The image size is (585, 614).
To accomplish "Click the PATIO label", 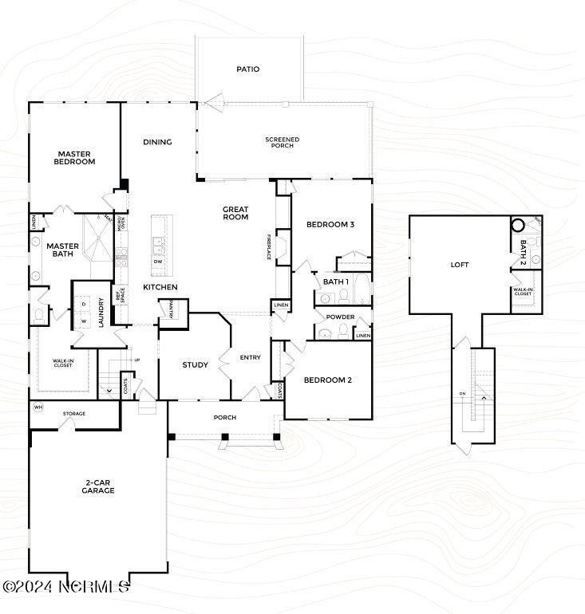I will coord(248,69).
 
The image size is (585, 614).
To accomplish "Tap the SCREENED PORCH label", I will coord(283,143).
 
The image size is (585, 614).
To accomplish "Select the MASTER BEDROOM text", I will coord(75,158).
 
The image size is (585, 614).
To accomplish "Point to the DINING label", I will coord(157,143).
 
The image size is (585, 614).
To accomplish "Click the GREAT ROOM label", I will coord(235,213).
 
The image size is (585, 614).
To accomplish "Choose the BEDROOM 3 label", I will coord(330,225).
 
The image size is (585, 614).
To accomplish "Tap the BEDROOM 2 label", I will coord(327,380).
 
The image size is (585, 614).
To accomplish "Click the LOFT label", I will coord(460,265).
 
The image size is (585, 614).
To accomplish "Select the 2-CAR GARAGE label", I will coord(98,487).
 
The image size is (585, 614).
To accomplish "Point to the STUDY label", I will coord(195,365).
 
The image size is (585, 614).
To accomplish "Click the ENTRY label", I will coord(250,357).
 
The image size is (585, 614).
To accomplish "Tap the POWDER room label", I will coord(341,317).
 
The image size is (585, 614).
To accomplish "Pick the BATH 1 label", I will coord(335,281).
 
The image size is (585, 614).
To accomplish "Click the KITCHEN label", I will coord(160,287).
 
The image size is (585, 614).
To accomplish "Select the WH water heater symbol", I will coord(38,407).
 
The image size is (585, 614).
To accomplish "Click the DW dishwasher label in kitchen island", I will coord(158,262).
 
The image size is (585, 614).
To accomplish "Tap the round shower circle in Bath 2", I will coord(519,226).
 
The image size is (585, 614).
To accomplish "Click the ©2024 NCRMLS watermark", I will coord(65,586).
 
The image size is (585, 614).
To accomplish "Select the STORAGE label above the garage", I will coord(76,413).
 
